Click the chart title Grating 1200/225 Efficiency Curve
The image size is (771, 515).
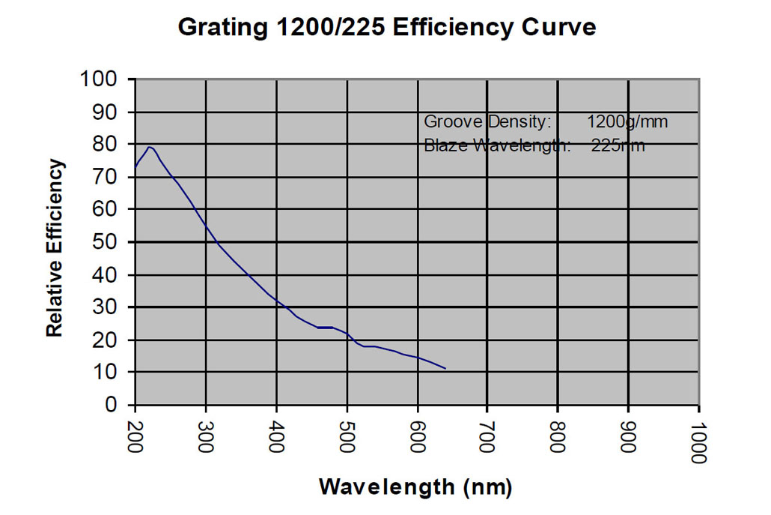click(386, 28)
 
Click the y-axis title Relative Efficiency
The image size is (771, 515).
click(55, 248)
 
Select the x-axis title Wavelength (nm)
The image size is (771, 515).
click(415, 487)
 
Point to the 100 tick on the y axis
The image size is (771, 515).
click(103, 79)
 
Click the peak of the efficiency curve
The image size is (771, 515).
click(150, 147)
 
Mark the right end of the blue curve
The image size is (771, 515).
click(446, 369)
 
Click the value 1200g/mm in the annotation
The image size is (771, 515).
click(627, 121)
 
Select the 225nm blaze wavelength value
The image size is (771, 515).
click(618, 145)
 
